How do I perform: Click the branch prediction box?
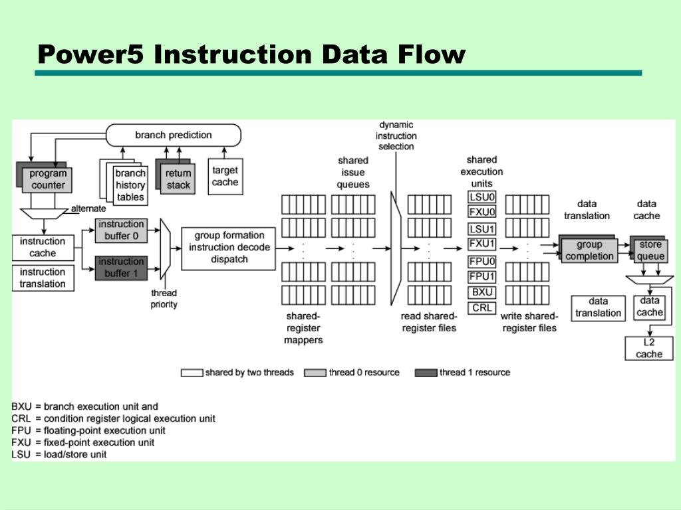click(x=174, y=135)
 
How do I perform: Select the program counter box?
click(x=48, y=180)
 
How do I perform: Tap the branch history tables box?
click(x=130, y=185)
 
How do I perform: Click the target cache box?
click(x=225, y=176)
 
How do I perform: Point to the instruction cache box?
click(x=43, y=247)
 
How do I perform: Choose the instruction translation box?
click(x=43, y=278)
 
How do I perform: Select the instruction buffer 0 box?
click(x=122, y=230)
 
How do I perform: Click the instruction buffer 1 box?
click(x=122, y=267)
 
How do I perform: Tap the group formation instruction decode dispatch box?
click(x=229, y=247)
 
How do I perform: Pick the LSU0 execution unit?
click(x=482, y=197)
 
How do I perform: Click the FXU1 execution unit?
click(x=482, y=244)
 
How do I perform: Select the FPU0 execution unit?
click(x=482, y=262)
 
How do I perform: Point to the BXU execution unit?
click(x=482, y=292)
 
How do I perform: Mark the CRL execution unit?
click(x=482, y=307)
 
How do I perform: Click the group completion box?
click(x=589, y=250)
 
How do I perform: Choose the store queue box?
click(x=650, y=250)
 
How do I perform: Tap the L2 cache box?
click(x=649, y=348)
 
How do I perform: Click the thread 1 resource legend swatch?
click(x=426, y=373)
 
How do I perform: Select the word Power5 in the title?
click(x=90, y=54)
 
